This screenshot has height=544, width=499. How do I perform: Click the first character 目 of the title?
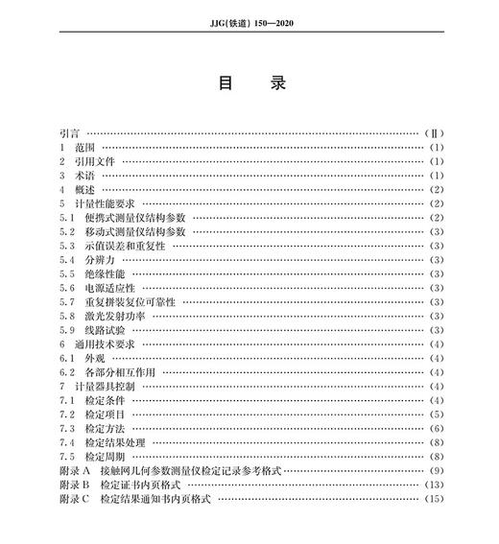(226, 83)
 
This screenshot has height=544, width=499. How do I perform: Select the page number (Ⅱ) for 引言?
(433, 133)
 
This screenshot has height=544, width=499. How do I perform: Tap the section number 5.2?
(66, 232)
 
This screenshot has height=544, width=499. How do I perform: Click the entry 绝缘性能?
(105, 274)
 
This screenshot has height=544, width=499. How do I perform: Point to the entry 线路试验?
(105, 330)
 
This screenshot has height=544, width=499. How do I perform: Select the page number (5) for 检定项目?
(436, 414)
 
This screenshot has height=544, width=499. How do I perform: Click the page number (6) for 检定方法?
(436, 429)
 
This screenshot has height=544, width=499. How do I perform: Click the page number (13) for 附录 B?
(434, 485)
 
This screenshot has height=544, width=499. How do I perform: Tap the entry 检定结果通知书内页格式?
(153, 499)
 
